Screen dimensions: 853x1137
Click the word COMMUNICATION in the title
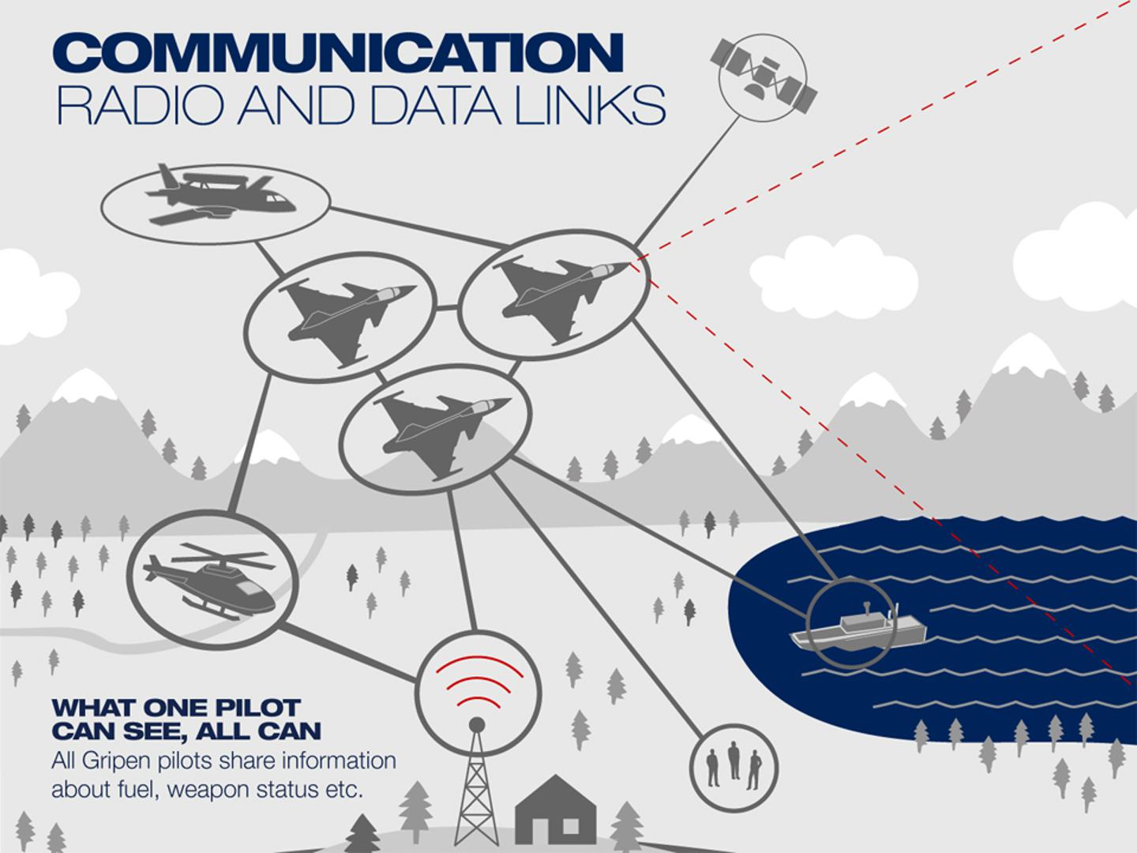[x=340, y=54]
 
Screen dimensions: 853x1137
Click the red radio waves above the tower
[x=478, y=682]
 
